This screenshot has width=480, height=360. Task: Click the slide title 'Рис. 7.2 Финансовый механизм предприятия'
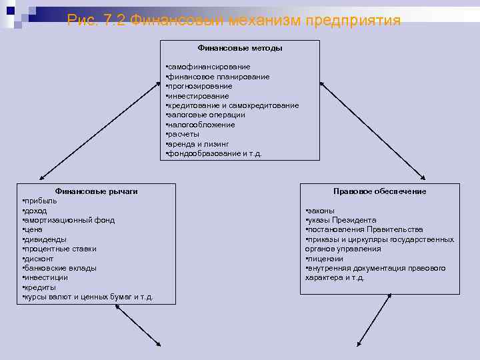coord(234,21)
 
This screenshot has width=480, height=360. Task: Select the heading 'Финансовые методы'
coord(239,48)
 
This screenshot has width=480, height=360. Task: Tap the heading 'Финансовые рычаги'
coord(96,191)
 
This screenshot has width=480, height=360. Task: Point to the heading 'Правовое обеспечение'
coord(379,191)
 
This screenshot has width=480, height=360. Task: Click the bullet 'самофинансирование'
coord(209,67)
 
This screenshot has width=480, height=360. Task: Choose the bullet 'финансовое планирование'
coord(218,77)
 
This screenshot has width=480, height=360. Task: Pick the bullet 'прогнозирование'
coord(199,86)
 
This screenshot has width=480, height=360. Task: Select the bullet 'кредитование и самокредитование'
coord(233,105)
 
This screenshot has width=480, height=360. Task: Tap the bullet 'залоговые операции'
coord(207,115)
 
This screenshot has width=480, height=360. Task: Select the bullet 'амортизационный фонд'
coord(69,220)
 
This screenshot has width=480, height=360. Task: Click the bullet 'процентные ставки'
coord(60,249)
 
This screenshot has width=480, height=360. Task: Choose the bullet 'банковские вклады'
coord(60,268)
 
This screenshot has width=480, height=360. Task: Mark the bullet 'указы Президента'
coord(341,220)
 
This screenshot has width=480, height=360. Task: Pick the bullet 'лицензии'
coord(325,259)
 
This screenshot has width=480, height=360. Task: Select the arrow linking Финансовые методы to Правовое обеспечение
coord(372,129)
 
